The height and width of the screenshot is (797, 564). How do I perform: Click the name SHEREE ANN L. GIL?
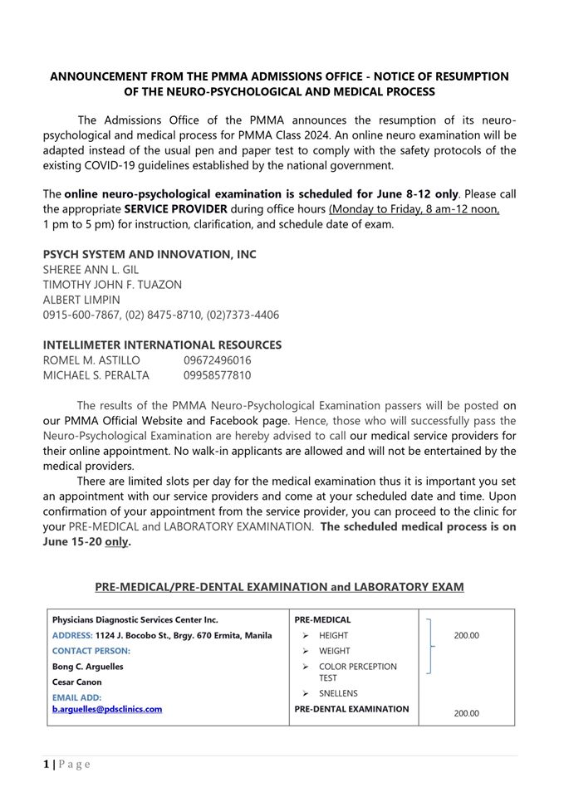[x=91, y=270]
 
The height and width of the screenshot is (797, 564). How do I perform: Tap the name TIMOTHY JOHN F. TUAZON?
[x=112, y=285]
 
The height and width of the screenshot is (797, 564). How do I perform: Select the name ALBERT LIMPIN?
[x=81, y=300]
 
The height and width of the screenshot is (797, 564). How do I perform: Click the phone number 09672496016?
[x=217, y=360]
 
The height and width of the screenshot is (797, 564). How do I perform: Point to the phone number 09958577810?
[x=217, y=375]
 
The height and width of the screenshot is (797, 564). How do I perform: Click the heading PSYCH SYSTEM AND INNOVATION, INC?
[x=150, y=254]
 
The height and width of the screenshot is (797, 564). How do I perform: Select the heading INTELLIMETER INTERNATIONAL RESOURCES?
[x=162, y=345]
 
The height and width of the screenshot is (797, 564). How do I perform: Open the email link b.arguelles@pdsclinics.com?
[x=107, y=709]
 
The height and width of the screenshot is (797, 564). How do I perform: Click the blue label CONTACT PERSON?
[x=91, y=651]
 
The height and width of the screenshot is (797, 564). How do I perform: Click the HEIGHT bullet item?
[x=333, y=635]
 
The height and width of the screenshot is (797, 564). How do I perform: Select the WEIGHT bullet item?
[x=334, y=651]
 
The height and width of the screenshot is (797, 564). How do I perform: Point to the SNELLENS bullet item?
[x=338, y=693]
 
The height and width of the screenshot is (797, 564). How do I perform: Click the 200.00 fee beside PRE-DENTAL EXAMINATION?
[x=466, y=712]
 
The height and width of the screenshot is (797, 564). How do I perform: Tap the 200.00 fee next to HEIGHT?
[x=466, y=635]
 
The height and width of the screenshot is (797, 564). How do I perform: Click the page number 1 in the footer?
[x=47, y=764]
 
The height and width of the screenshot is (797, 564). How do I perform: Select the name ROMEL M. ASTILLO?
[x=91, y=360]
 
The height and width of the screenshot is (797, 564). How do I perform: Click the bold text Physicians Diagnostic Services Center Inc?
[x=135, y=619]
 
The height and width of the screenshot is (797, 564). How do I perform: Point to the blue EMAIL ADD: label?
[x=77, y=698]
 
